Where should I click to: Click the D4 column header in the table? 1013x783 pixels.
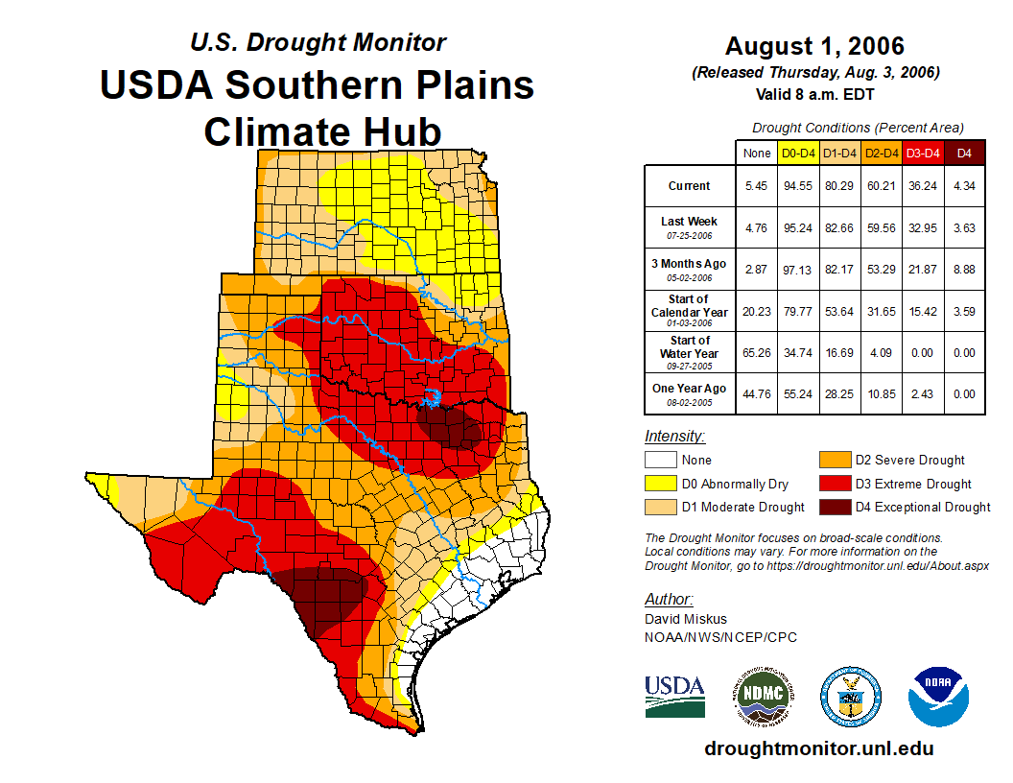(965, 153)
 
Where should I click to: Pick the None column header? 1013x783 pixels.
(756, 153)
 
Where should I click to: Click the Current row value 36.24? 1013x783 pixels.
(923, 186)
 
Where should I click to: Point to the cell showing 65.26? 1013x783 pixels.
(756, 353)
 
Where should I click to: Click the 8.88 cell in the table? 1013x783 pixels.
(965, 269)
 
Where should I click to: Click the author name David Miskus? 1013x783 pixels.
(686, 619)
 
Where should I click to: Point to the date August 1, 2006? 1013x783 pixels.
(814, 46)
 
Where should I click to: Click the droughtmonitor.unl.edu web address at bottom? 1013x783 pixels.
(818, 748)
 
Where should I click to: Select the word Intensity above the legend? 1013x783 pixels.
(674, 437)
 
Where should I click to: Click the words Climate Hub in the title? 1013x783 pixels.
(322, 131)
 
